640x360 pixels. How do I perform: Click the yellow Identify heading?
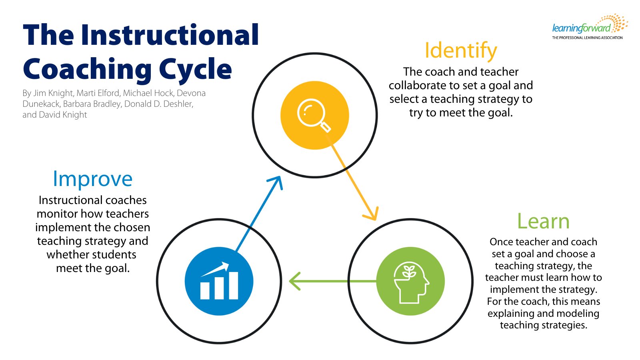tap(460, 51)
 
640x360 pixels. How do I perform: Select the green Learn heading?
tap(543, 221)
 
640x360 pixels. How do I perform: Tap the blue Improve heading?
tap(92, 179)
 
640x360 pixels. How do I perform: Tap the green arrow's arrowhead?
tap(294, 281)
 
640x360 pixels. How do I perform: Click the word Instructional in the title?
tap(170, 35)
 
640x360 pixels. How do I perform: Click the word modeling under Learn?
tap(576, 314)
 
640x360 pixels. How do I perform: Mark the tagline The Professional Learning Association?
tap(587, 38)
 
